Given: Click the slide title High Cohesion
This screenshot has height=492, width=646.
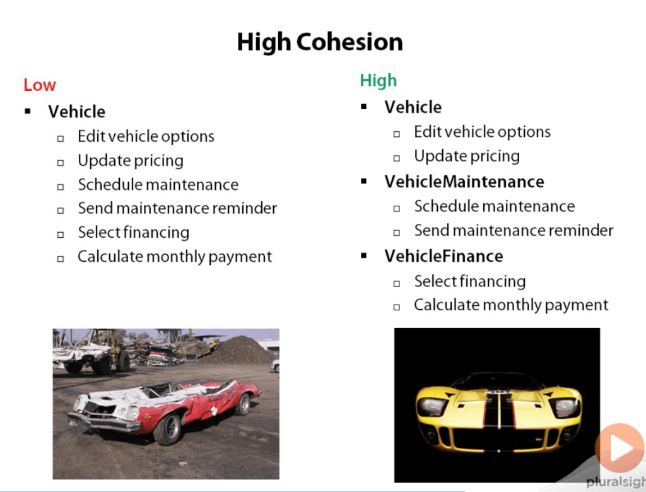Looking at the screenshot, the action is [320, 42].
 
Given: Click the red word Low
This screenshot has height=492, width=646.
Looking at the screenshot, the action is [40, 85].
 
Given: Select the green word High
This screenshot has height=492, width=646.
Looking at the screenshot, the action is [379, 81].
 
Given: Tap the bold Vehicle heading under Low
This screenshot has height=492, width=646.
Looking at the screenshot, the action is [76, 112].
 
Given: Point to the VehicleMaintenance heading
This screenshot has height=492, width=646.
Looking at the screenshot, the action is [464, 182].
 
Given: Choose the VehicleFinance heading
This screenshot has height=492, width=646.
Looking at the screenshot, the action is [443, 256].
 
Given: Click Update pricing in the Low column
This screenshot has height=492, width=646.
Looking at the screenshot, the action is [131, 161].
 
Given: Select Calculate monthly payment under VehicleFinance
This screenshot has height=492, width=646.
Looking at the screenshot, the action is [511, 305].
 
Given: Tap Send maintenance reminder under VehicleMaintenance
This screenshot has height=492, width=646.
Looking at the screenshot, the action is [514, 230].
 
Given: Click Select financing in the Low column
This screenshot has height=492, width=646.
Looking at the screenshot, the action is [134, 233].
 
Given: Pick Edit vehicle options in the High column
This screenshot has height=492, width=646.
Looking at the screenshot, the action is [483, 132].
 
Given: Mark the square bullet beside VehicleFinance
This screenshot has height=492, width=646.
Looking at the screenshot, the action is [363, 256].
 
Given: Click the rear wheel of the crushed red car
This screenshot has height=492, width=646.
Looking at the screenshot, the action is [244, 404].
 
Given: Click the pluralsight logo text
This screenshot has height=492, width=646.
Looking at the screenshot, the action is [616, 481].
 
